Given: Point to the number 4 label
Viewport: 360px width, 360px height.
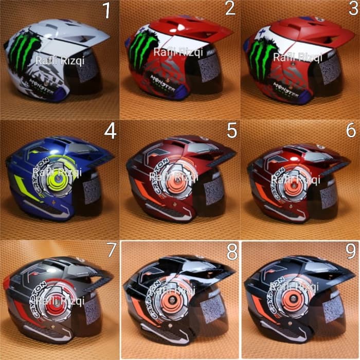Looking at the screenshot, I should pos(110,132).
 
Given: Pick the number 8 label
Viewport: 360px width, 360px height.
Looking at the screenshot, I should pos(230,253).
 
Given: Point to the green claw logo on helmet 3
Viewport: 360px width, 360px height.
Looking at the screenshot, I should pos(263,58).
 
